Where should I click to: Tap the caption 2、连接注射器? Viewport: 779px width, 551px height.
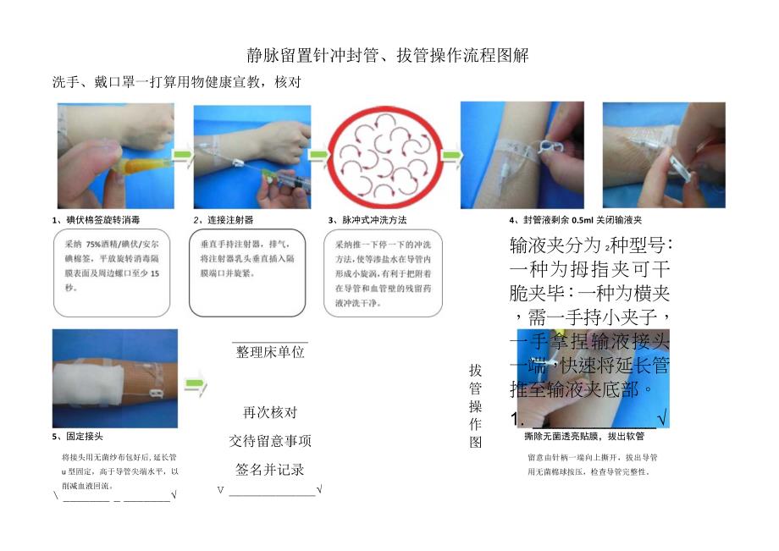[224, 220]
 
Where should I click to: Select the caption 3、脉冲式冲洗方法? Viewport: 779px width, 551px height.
[367, 220]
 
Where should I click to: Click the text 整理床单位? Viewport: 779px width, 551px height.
[270, 352]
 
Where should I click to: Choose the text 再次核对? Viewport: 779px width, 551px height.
[270, 413]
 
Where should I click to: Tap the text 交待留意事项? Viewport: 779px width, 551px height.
[270, 441]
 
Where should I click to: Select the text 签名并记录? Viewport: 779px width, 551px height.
[270, 469]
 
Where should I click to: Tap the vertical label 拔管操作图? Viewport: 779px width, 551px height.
[475, 406]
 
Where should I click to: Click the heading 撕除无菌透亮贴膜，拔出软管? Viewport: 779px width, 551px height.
[584, 437]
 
